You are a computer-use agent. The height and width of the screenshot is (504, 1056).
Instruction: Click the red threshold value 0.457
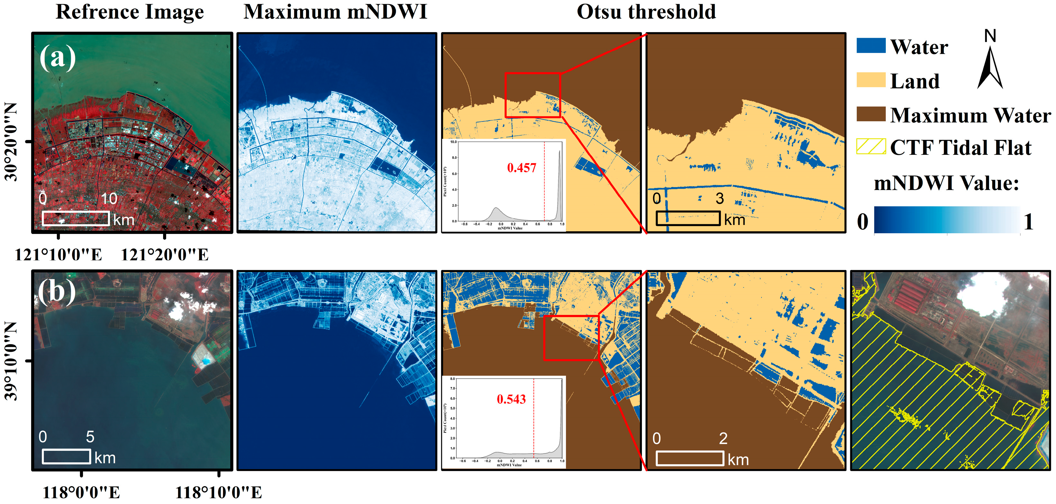(521, 168)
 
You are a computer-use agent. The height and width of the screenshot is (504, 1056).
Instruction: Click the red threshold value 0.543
(511, 399)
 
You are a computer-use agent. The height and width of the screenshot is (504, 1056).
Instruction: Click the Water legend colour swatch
(871, 45)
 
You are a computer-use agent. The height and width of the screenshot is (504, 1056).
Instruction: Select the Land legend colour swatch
(871, 80)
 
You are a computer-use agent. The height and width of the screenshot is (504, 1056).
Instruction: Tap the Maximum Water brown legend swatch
(871, 114)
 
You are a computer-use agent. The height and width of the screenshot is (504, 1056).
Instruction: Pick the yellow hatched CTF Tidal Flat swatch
(871, 146)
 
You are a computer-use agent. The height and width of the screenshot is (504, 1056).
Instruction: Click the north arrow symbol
(990, 68)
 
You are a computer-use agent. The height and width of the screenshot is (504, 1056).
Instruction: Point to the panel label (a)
(57, 57)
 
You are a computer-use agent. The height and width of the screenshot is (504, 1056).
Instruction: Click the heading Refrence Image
(129, 12)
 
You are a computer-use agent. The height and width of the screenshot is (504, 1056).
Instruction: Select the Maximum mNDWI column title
(335, 12)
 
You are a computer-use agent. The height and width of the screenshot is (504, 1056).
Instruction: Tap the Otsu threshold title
(646, 12)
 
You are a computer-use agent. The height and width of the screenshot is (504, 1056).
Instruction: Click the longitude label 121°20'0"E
(164, 255)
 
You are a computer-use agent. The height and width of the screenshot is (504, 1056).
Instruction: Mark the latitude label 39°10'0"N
(12, 360)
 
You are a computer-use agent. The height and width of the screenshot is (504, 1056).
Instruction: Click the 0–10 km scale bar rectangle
(76, 219)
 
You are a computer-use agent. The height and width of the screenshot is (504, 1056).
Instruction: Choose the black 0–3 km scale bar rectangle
(688, 218)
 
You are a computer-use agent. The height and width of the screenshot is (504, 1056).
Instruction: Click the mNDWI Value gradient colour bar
(947, 220)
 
